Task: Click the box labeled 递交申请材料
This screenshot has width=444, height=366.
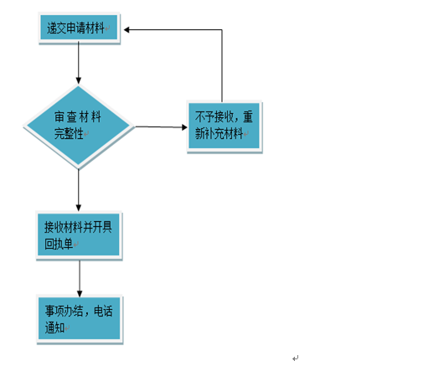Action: pyautogui.click(x=79, y=28)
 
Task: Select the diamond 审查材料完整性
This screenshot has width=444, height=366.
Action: pyautogui.click(x=79, y=126)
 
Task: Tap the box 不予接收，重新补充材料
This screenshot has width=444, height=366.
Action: pyautogui.click(x=225, y=126)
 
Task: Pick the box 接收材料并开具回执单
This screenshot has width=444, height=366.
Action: pyautogui.click(x=79, y=235)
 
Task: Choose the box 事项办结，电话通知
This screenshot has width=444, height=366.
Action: pyautogui.click(x=80, y=318)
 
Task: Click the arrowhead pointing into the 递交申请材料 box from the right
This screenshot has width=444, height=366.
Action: pyautogui.click(x=126, y=29)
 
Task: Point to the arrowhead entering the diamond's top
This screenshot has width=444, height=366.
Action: pyautogui.click(x=79, y=80)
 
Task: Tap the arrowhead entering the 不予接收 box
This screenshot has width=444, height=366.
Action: pyautogui.click(x=184, y=127)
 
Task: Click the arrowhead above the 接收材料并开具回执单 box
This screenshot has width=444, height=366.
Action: pyautogui.click(x=79, y=208)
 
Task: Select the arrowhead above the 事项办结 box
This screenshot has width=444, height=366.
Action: pyautogui.click(x=80, y=293)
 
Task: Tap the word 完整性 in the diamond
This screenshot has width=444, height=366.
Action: pyautogui.click(x=69, y=133)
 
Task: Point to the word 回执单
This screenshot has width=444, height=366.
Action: pyautogui.click(x=59, y=244)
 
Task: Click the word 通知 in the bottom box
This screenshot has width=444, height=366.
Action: pyautogui.click(x=54, y=327)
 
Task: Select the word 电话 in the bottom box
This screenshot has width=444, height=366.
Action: pyautogui.click(x=103, y=311)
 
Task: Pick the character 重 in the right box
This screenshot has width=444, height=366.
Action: pyautogui.click(x=248, y=117)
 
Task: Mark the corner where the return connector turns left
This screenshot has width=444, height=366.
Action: pyautogui.click(x=222, y=29)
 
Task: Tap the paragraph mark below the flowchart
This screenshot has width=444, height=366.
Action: pyautogui.click(x=296, y=358)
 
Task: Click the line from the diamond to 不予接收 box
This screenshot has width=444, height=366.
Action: pyautogui.click(x=161, y=126)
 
